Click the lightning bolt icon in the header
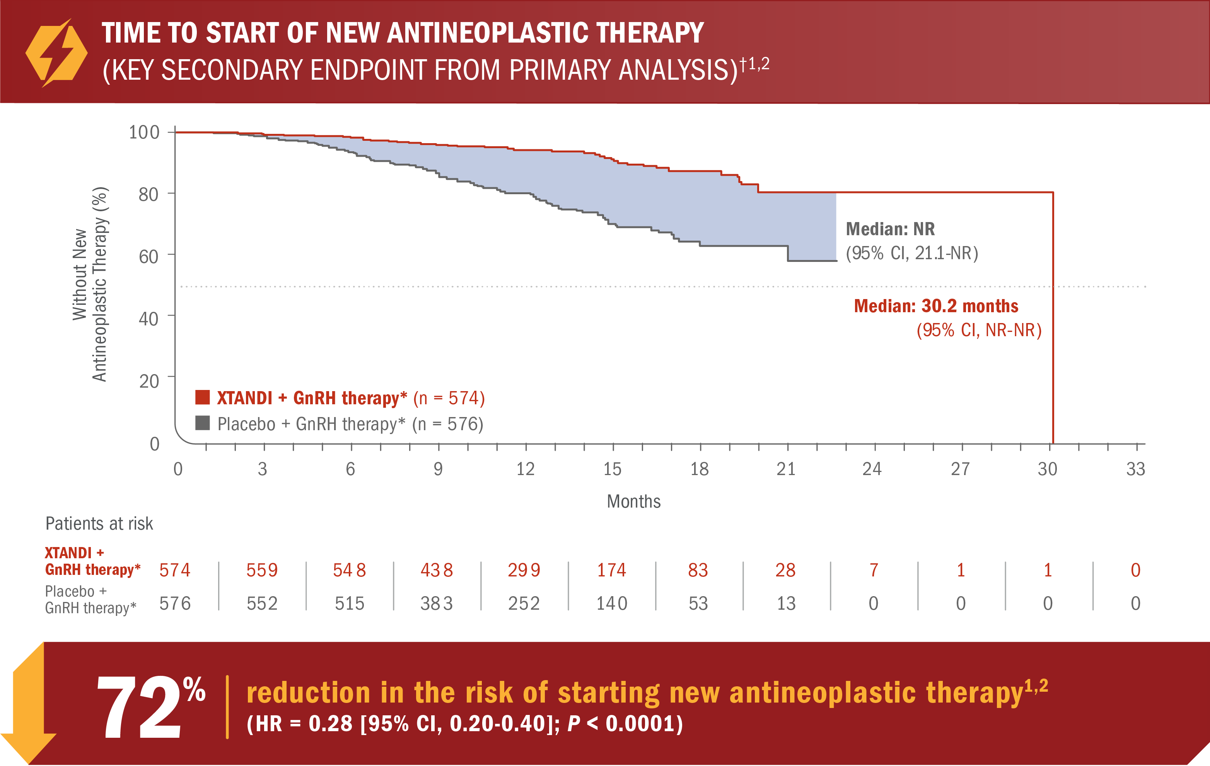coord(56,53)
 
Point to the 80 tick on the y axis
coord(149,195)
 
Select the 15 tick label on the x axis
coord(612,469)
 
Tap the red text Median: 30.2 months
coord(936,306)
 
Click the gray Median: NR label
coord(890,229)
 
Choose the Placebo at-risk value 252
coord(524,603)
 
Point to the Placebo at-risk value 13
coord(786,603)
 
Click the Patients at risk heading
coord(99,524)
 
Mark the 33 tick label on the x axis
coord(1135,469)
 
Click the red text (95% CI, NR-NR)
coord(978,330)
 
